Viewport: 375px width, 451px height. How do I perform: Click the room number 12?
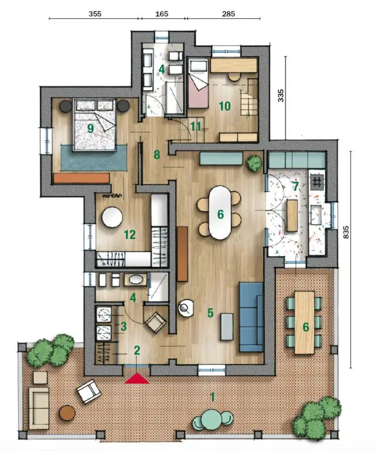click(x=129, y=235)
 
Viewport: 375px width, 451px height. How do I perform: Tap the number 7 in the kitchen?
click(x=295, y=186)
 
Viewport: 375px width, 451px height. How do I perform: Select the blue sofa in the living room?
click(x=251, y=314)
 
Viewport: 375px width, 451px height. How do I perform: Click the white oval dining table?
click(x=220, y=212)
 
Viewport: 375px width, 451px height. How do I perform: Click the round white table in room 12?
click(x=111, y=217)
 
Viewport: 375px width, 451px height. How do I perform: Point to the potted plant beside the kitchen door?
click(x=254, y=162)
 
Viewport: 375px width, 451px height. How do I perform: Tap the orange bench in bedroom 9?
click(x=81, y=178)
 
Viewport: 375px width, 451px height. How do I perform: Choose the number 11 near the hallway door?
click(x=195, y=127)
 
